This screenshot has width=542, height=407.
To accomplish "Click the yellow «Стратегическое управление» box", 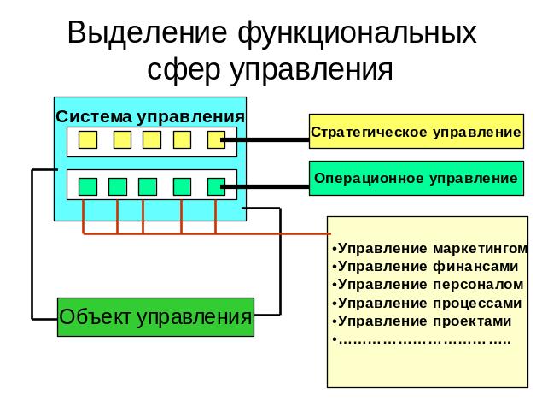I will pyautogui.click(x=416, y=133).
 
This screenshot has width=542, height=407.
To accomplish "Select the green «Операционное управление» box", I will pyautogui.click(x=416, y=179).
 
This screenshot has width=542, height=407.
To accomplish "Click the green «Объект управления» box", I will pyautogui.click(x=155, y=318).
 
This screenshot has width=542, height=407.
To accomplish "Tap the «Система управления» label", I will pyautogui.click(x=150, y=115).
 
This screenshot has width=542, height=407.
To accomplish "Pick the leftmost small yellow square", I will pyautogui.click(x=88, y=139).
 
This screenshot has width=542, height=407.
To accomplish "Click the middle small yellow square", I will pyautogui.click(x=152, y=139).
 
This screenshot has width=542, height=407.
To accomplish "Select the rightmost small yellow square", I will pyautogui.click(x=215, y=139).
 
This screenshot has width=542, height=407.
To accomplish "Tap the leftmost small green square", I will pyautogui.click(x=88, y=186).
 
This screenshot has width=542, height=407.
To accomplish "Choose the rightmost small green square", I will pyautogui.click(x=215, y=186).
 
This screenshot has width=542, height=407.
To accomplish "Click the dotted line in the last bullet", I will pyautogui.click(x=424, y=340).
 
